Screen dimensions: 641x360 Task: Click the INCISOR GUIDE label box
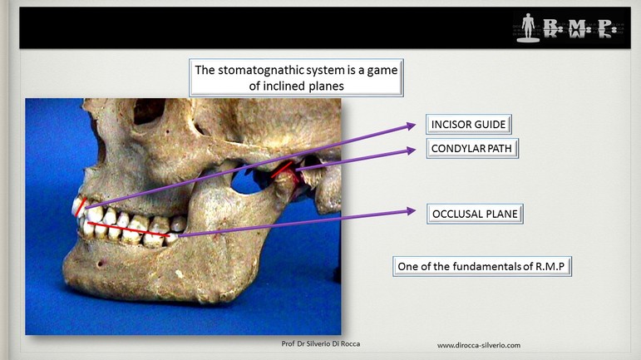click(x=468, y=124)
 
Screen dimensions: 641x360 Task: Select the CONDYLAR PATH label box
click(x=471, y=148)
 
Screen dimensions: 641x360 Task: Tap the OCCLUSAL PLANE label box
click(x=475, y=214)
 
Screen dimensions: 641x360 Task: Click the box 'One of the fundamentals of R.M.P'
click(x=482, y=266)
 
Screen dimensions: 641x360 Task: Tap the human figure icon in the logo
click(x=528, y=27)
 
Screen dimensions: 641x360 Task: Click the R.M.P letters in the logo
click(x=578, y=27)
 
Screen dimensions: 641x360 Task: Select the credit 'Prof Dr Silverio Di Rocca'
click(x=321, y=343)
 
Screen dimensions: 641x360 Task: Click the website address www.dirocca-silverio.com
click(x=479, y=345)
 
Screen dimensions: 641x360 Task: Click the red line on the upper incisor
click(x=81, y=207)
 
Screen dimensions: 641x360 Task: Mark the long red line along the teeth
click(x=128, y=229)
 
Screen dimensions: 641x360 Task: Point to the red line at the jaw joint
click(x=281, y=169)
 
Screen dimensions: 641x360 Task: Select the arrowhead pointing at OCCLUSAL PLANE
click(x=412, y=211)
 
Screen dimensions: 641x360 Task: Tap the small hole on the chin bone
click(x=100, y=264)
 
